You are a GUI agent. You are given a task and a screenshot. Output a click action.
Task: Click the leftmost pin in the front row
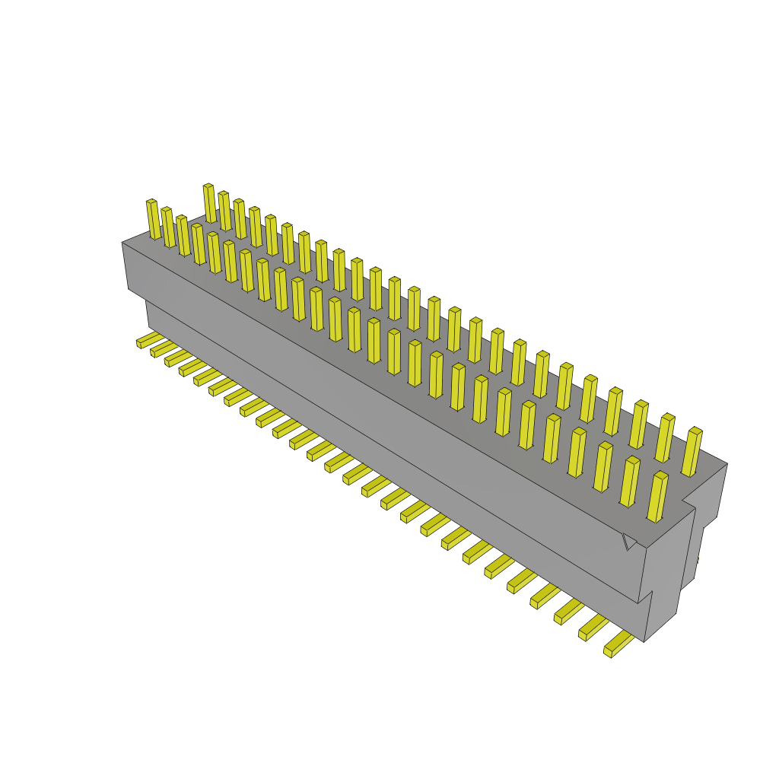click(153, 219)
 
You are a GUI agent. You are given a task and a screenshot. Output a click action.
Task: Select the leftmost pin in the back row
click(210, 203)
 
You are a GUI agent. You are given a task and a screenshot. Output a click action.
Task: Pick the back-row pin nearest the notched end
click(692, 452)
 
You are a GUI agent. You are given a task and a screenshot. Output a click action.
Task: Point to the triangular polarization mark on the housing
click(629, 541)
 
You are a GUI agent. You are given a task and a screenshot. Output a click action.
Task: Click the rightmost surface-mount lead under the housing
click(618, 645)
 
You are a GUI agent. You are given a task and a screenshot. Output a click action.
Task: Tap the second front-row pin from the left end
click(167, 227)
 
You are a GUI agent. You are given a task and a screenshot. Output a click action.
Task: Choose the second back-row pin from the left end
click(224, 211)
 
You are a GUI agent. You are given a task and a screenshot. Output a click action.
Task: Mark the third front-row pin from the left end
click(183, 235)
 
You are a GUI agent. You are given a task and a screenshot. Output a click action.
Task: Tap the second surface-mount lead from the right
click(593, 628)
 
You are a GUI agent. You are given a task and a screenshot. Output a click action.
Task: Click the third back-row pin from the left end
click(240, 218)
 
